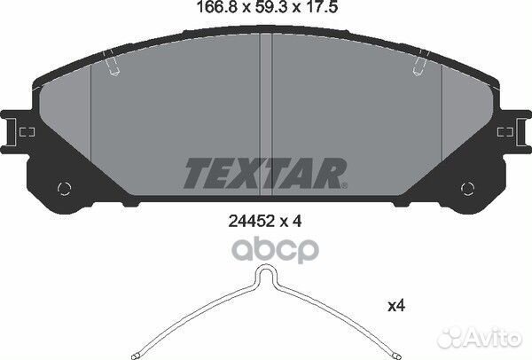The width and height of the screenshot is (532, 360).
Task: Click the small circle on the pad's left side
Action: point(63,188)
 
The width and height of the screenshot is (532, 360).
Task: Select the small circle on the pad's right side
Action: point(467,188)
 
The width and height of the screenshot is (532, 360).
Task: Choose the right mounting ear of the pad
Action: point(512,133)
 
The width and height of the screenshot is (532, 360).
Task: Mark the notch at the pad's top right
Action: point(419,67)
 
